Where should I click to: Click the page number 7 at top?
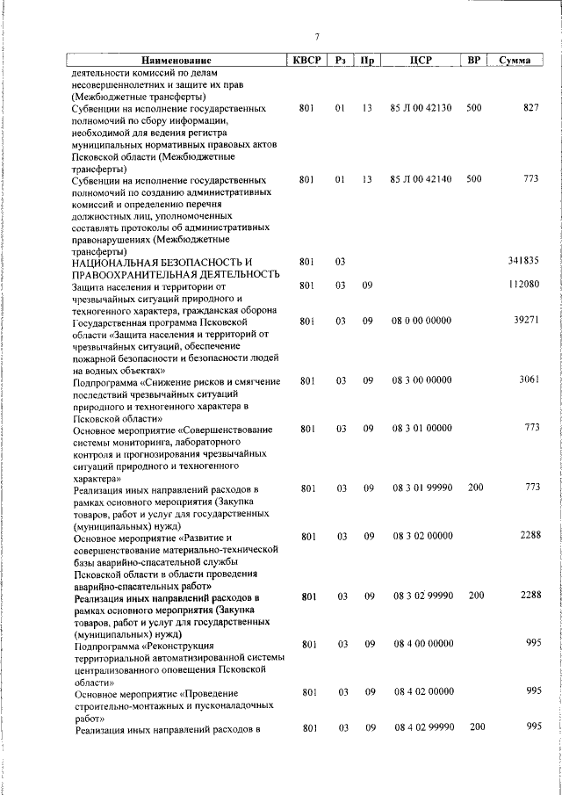click(317, 36)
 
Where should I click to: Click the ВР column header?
click(474, 61)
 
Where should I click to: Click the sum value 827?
click(530, 108)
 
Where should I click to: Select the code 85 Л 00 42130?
click(421, 108)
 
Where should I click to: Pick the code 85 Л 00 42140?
click(421, 179)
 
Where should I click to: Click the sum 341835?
click(523, 261)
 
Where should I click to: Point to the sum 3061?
click(528, 380)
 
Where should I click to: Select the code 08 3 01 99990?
click(422, 488)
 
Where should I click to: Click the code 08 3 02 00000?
click(422, 535)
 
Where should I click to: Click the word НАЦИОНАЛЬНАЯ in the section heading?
click(125, 262)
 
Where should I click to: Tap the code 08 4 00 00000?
click(422, 644)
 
